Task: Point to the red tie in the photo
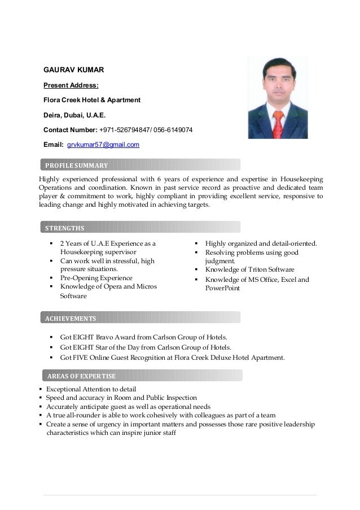[278, 121]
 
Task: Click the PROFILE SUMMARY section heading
[76, 165]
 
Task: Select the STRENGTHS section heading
[64, 228]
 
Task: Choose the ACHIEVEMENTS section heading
[71, 318]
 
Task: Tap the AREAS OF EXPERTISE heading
[81, 376]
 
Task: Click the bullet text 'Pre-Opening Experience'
[96, 278]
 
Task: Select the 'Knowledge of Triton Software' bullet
[249, 269]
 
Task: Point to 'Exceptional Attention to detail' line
[91, 389]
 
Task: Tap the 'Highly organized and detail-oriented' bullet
[261, 243]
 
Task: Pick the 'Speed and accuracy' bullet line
[121, 398]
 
